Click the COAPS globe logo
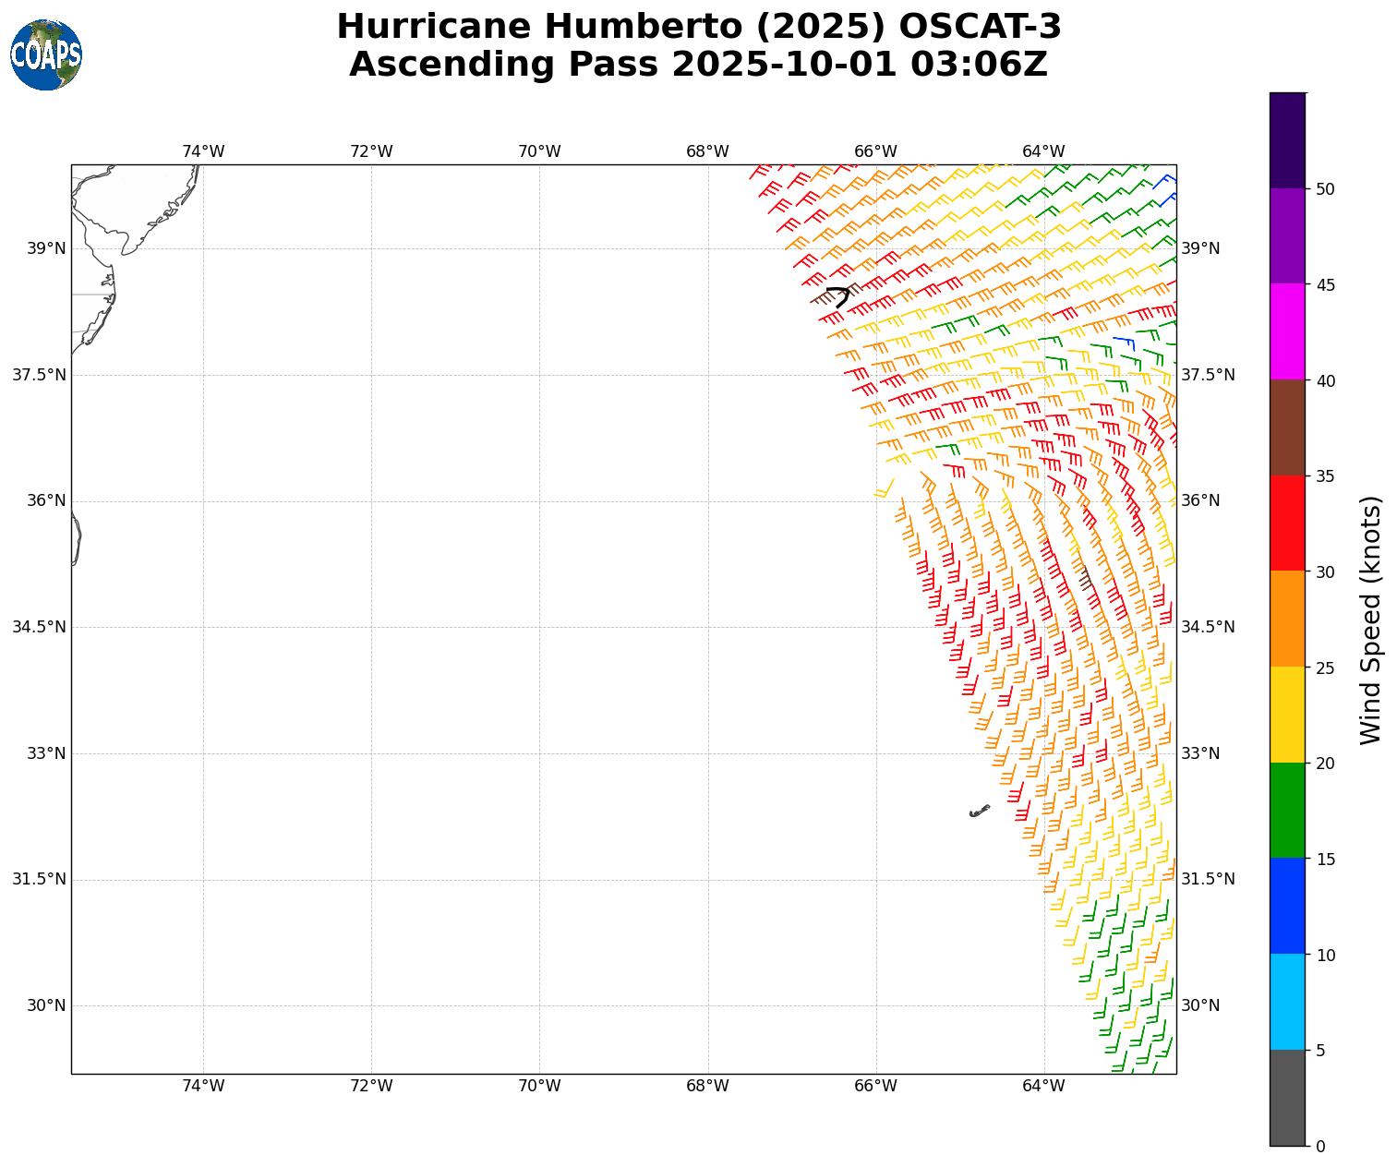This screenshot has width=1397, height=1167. point(46,55)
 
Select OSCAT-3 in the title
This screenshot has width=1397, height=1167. point(980,27)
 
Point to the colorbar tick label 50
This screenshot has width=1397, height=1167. point(1325,189)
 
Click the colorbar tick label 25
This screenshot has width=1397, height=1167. point(1325,668)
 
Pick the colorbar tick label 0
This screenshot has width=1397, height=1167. point(1320,1147)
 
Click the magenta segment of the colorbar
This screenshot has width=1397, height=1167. point(1287,331)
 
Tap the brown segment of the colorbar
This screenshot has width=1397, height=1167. point(1287,427)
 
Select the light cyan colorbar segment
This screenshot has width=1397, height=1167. point(1287,1002)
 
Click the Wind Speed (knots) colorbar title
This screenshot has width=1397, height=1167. point(1372,620)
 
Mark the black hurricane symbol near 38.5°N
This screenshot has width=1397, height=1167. point(838,296)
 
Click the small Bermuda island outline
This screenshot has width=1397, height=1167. point(979,811)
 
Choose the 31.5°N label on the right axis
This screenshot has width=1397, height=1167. point(1208,879)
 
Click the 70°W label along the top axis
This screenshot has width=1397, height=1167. point(539,151)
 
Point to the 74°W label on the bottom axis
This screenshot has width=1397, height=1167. point(203,1086)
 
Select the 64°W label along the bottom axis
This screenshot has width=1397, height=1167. point(1043,1086)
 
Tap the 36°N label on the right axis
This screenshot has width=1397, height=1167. point(1200,500)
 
